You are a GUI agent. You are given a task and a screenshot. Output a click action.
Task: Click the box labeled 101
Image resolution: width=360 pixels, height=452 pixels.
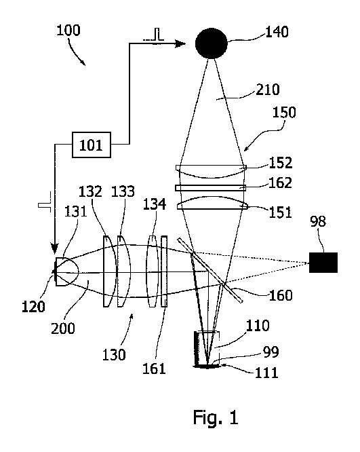coord(91,145)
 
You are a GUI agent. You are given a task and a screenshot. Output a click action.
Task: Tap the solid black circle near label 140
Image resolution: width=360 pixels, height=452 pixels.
coord(212,43)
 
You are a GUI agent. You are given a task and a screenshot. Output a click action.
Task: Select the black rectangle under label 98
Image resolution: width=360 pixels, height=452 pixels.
coord(323,263)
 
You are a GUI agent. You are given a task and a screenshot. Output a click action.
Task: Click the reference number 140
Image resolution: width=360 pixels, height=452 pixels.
coord(277,32)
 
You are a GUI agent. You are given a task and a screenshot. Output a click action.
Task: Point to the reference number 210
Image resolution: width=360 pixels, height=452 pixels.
coord(268,90)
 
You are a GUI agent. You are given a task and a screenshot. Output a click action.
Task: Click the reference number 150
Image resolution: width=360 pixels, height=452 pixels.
coord(284,112)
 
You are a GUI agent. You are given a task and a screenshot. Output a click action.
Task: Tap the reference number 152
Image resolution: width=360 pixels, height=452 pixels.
coord(281,163)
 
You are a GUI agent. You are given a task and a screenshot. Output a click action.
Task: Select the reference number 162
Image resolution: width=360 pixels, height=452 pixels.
coord(280,183)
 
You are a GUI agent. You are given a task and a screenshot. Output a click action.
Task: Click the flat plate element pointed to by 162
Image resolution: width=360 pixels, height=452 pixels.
coord(211,188)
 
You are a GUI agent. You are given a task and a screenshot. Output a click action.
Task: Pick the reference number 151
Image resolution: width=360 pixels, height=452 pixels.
coord(280,212)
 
